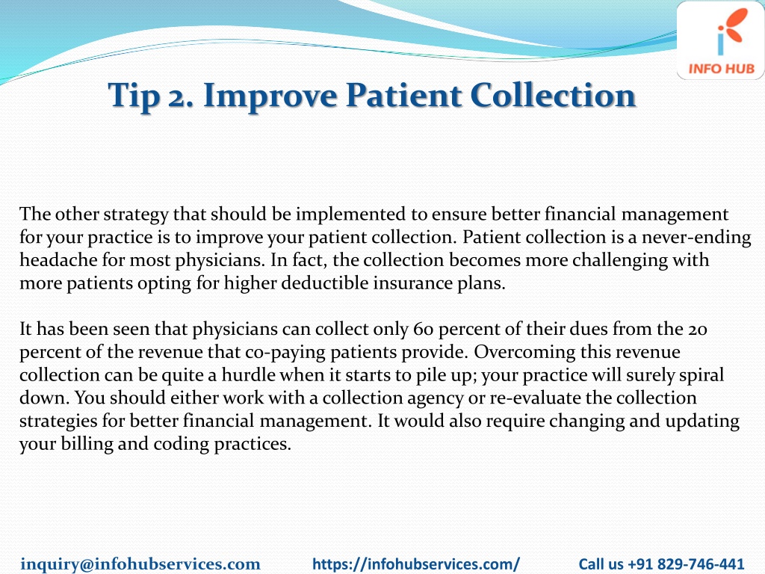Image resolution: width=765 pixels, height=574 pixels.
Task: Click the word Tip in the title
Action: [x=134, y=96]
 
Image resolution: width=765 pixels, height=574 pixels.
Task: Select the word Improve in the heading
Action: [x=269, y=96]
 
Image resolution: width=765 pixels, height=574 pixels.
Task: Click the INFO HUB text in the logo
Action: [x=721, y=69]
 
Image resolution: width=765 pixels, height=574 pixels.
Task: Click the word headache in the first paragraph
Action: [x=58, y=259]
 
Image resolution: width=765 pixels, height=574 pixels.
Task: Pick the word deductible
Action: [x=325, y=283]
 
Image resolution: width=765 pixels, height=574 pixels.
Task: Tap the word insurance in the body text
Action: [x=412, y=283]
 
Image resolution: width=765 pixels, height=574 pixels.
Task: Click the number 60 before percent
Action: [x=423, y=330]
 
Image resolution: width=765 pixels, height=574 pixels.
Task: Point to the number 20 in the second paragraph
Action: [x=698, y=330]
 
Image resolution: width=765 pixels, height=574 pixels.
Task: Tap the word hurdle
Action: [x=246, y=375]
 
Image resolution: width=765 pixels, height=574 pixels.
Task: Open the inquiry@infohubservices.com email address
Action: [x=140, y=564]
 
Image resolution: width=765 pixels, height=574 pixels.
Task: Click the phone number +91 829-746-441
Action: [x=686, y=564]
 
